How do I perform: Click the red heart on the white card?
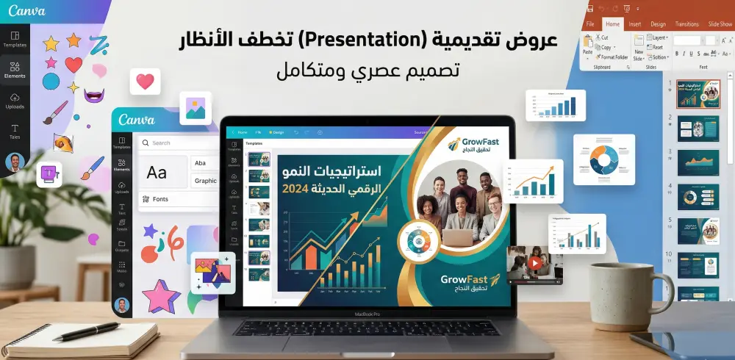point(145,82)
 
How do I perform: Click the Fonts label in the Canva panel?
point(160,199)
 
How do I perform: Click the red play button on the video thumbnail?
point(536,263)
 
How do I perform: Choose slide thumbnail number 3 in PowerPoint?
point(698,162)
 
